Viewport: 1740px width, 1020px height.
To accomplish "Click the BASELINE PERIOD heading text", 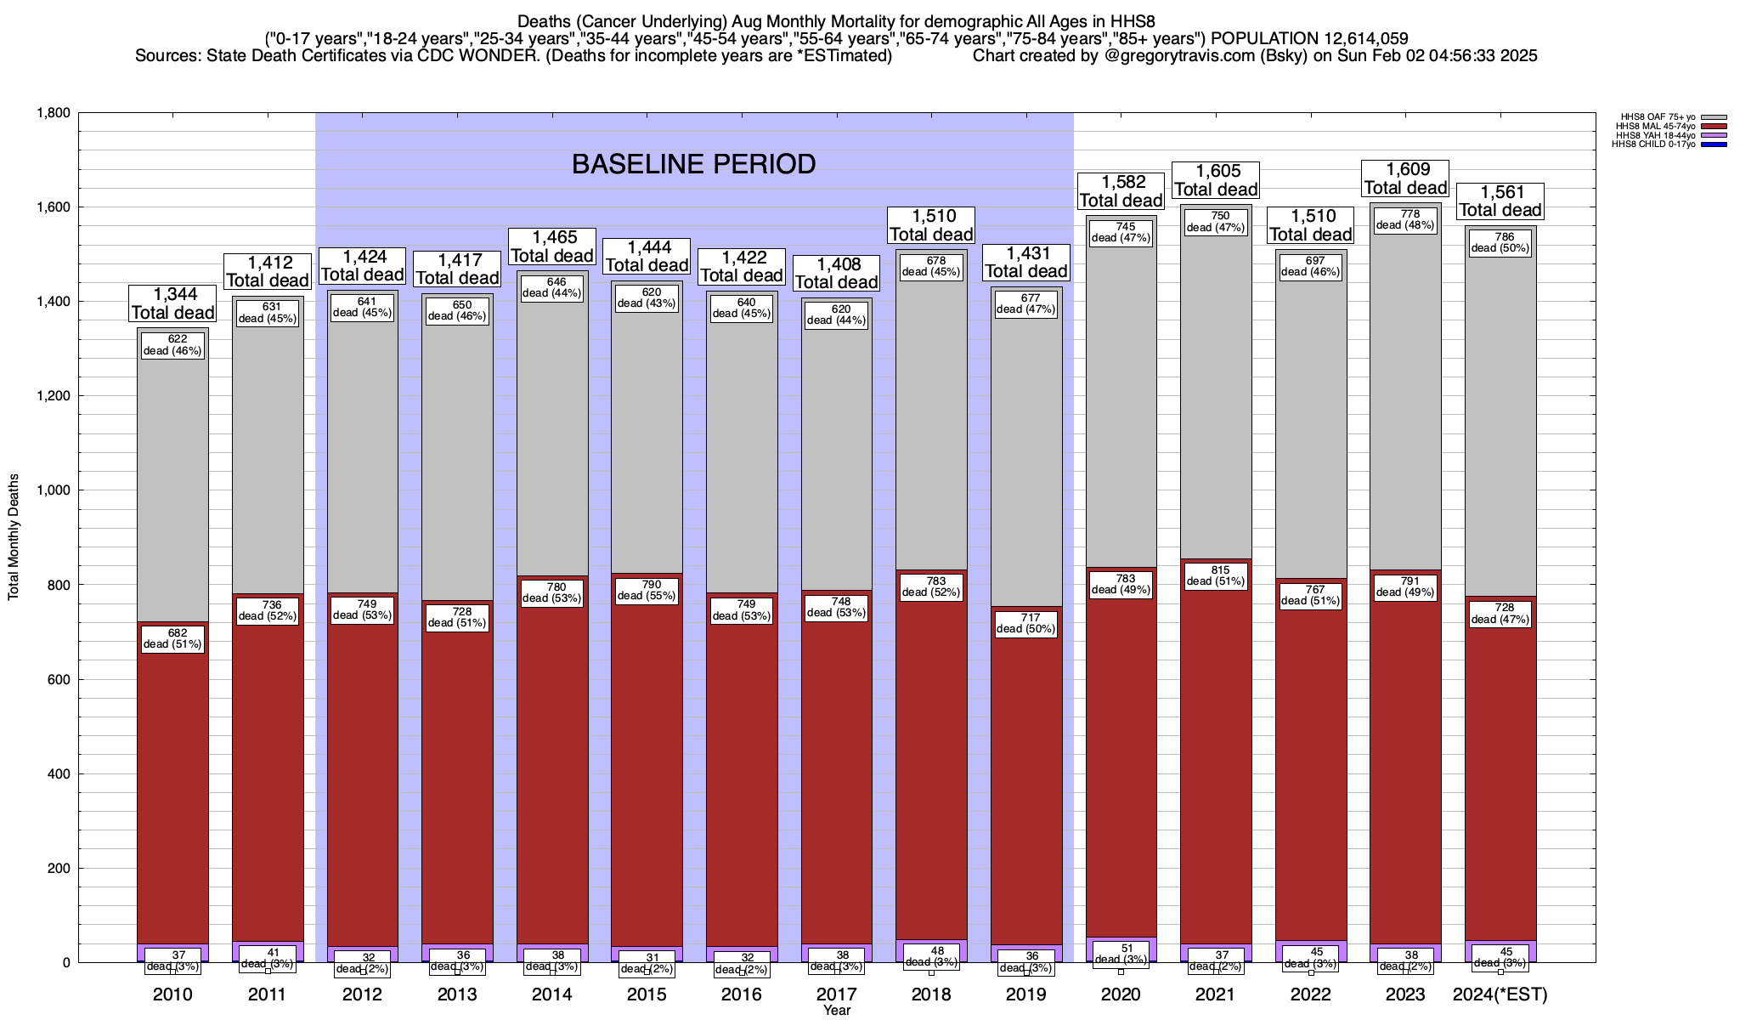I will click(693, 164).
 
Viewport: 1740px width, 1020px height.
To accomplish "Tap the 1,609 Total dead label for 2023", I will click(1405, 178).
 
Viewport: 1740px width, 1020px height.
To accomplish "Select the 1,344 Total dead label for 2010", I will click(172, 303).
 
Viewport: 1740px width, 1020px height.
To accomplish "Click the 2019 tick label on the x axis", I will click(1026, 994).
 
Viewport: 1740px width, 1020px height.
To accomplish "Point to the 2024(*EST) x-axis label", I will click(1500, 994).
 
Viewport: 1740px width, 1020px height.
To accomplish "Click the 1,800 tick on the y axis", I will click(53, 113).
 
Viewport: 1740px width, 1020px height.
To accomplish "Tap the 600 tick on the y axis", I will click(59, 679).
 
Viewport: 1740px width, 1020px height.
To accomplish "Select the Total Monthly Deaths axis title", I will click(14, 537).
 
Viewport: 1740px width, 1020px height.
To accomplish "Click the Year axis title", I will click(837, 1011).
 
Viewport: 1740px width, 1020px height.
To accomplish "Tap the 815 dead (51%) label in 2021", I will click(1216, 576).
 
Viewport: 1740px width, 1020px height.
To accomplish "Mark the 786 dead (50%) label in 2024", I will click(1500, 242).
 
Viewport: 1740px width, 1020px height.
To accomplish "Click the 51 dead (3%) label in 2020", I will click(1121, 954).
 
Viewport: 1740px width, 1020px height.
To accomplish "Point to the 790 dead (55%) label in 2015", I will click(647, 590).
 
